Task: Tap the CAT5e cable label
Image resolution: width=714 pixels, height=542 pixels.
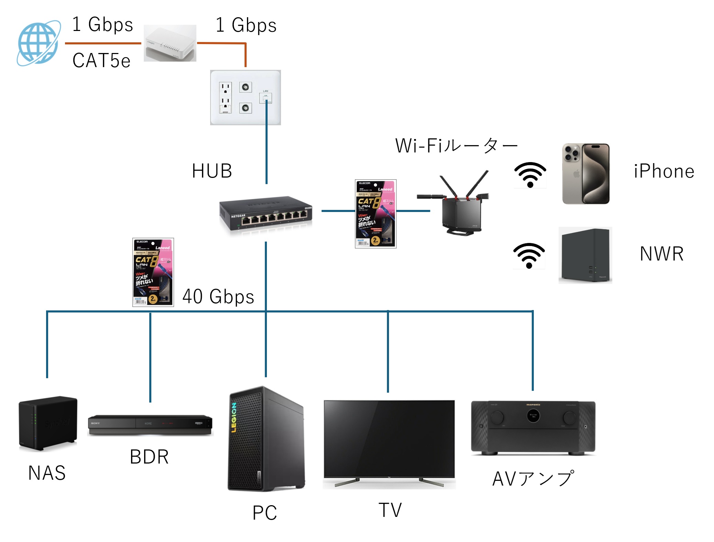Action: tap(101, 61)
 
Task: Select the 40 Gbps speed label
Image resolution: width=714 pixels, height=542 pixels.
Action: tap(218, 296)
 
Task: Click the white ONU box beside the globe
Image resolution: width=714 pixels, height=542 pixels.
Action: tap(170, 43)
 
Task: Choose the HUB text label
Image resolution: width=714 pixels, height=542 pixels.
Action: tap(212, 171)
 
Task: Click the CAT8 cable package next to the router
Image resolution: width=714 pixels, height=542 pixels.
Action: tap(376, 214)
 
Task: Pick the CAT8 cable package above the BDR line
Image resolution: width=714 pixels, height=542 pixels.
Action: tap(153, 272)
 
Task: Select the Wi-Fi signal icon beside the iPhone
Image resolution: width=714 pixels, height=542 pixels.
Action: tap(530, 175)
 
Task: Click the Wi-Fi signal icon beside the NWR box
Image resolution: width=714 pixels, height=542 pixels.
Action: tap(529, 256)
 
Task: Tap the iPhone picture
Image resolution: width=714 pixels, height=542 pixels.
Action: tap(586, 174)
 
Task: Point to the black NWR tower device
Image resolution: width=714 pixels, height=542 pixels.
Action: tap(585, 255)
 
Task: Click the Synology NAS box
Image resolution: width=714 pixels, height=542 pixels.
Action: tap(48, 423)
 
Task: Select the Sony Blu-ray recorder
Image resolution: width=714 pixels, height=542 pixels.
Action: tap(150, 425)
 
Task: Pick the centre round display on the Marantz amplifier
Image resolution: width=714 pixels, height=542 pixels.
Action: tap(533, 415)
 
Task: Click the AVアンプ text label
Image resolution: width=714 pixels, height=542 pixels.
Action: tap(533, 479)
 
